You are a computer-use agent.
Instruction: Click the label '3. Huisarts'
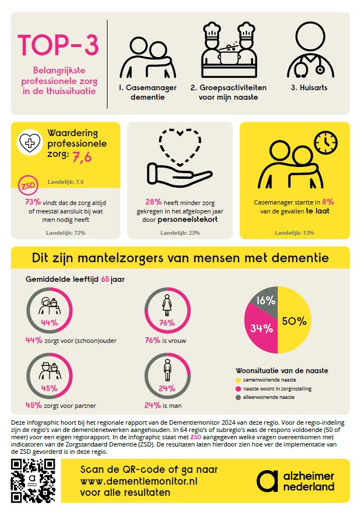(308, 88)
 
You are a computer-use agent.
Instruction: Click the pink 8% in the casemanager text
(328, 201)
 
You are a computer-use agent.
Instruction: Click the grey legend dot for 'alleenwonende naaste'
(239, 397)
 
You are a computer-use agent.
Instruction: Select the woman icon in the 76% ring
(166, 306)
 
